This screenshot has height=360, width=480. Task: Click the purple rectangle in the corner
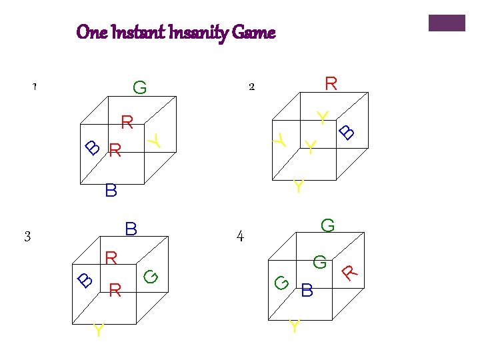[446, 23]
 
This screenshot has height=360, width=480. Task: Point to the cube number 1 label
[34, 87]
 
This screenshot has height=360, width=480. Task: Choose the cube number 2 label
[251, 87]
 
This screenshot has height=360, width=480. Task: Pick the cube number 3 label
[27, 236]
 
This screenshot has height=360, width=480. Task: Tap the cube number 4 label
[240, 236]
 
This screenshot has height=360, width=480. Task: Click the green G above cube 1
[139, 87]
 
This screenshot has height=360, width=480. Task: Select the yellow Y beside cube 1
[155, 140]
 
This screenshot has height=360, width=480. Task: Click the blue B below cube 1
[111, 191]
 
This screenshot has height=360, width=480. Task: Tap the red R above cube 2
[331, 83]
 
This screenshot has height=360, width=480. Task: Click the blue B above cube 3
[131, 229]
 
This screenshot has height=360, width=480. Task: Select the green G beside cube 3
[151, 275]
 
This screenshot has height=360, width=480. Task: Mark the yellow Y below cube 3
[99, 330]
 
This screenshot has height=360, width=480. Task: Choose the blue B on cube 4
[307, 291]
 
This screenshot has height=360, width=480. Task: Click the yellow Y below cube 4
[294, 327]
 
